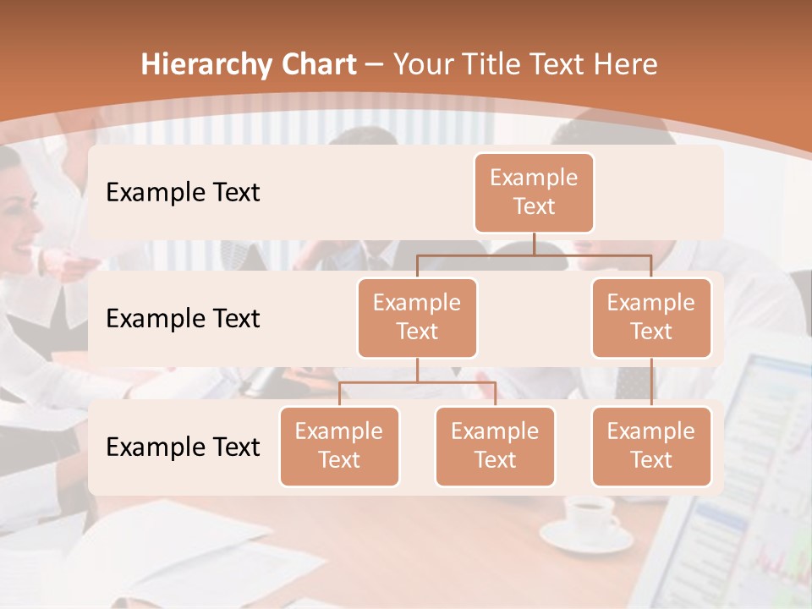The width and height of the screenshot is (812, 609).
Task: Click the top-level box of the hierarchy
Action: [534, 192]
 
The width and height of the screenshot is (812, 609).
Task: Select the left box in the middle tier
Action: [417, 317]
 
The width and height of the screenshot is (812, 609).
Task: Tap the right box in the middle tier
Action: [651, 317]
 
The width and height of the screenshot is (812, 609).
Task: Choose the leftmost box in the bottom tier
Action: [339, 446]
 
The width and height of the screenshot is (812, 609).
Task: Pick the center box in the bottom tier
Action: [495, 446]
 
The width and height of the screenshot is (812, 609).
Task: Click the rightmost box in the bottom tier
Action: [651, 446]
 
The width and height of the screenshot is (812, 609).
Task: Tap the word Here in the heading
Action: [625, 65]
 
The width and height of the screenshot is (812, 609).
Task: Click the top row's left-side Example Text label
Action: [183, 192]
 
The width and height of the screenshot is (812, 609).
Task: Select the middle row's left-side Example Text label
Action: [183, 318]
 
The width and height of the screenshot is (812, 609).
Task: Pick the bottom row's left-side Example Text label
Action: [183, 447]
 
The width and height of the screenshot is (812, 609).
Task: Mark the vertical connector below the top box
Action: [534, 244]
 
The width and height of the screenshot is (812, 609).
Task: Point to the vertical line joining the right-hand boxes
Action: [651, 382]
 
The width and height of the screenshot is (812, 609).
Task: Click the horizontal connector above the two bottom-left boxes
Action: [417, 382]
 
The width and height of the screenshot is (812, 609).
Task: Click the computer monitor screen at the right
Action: [753, 474]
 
